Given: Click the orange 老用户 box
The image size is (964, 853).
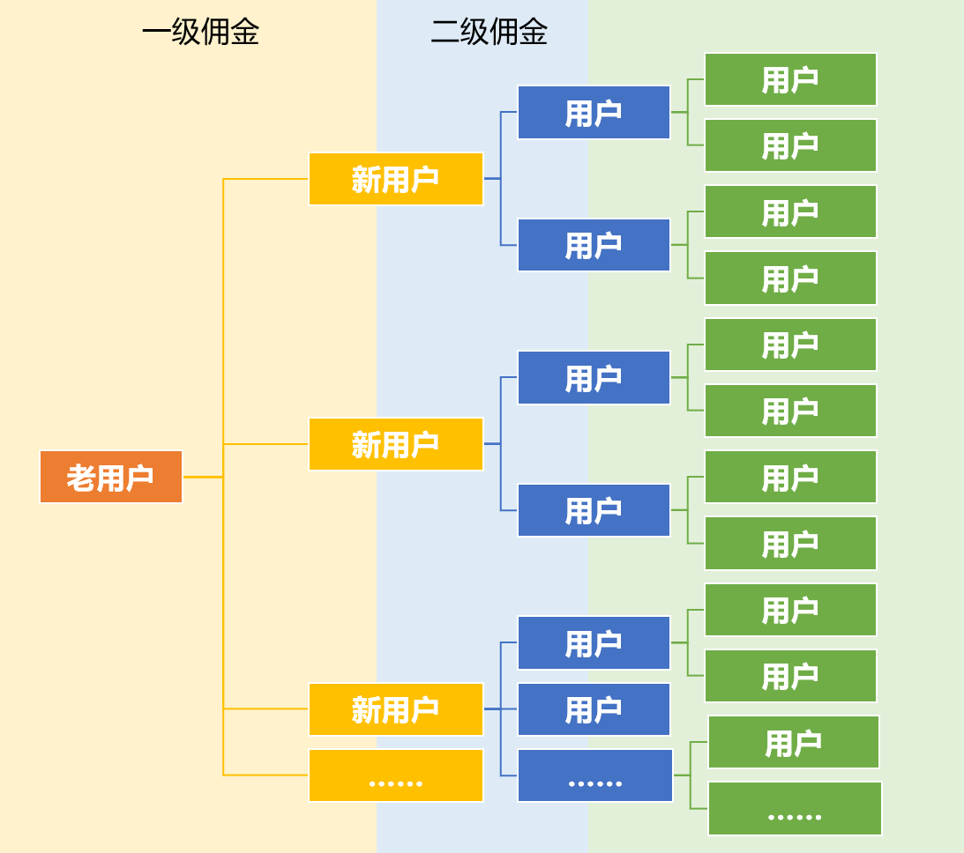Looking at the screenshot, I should point(111,477).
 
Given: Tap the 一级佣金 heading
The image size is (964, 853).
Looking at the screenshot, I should point(200,33).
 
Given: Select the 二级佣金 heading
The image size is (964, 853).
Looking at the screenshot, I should point(489,33).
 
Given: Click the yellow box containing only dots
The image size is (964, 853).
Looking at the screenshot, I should point(396,775).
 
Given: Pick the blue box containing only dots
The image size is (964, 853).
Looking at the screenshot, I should point(595,775).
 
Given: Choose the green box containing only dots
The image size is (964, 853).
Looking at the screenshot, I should point(795,809).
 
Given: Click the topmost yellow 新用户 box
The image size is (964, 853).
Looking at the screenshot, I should point(396,179).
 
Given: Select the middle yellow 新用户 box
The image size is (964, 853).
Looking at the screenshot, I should point(396,444).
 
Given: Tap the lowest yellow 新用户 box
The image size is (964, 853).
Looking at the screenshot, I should point(396,709).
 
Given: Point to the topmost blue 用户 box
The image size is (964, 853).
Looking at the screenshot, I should point(594,113).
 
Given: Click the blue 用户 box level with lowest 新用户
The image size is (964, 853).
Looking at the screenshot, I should point(594,709).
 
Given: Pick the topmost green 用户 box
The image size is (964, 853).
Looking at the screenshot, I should point(790,79).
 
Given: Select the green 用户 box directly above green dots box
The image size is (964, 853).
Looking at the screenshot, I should point(794,742).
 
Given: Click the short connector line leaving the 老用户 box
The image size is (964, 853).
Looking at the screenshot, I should point(202,477).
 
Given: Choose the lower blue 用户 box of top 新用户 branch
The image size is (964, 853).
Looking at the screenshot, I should point(594,245).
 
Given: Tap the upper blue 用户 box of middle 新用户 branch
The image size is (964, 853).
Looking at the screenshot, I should point(594,378).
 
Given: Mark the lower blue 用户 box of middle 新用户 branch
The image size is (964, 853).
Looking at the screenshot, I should point(594,510).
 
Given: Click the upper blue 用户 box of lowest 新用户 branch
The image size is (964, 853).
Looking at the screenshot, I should point(594,642).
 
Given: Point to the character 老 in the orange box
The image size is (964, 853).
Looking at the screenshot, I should point(80,478).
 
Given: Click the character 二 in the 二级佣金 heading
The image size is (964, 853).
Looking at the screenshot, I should point(445,33).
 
